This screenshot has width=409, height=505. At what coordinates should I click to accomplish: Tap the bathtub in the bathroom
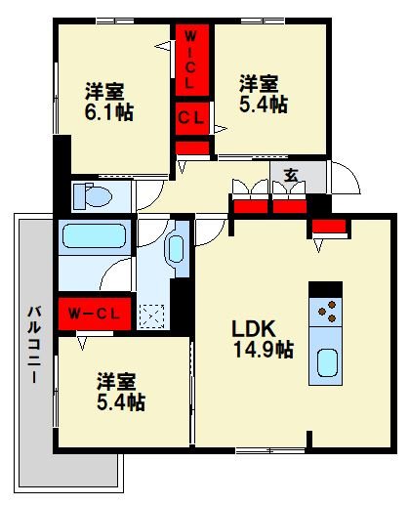93,237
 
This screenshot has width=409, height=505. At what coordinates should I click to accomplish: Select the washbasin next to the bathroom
176,248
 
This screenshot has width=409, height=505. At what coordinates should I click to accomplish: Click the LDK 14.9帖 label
261,338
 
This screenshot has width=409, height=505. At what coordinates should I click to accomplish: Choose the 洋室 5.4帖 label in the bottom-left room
119,390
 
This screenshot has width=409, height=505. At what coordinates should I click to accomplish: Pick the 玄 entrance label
291,177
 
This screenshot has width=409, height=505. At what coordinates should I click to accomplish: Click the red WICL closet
191,61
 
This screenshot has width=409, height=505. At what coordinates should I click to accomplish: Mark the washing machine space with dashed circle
152,315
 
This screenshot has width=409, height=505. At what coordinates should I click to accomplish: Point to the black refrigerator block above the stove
326,288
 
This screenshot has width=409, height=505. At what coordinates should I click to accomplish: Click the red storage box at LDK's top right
330,229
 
